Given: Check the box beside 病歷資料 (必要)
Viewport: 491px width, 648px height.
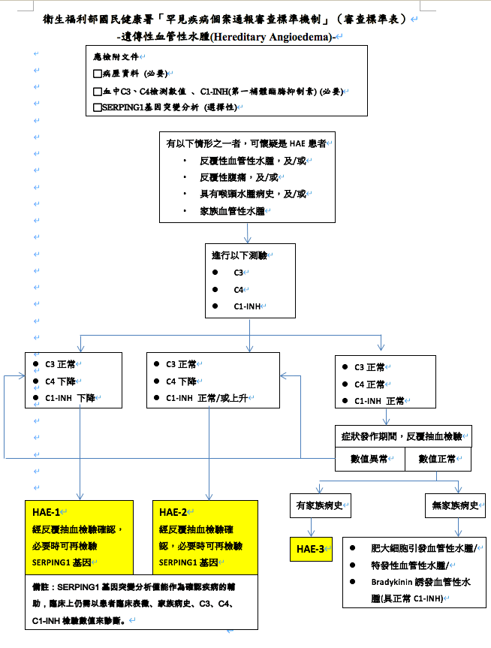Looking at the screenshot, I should [97, 74].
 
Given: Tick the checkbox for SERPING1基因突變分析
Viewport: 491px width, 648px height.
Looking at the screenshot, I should [97, 107].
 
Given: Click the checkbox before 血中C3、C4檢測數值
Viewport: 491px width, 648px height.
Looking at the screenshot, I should [97, 91].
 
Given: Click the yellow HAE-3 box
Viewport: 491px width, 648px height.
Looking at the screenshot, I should [311, 549].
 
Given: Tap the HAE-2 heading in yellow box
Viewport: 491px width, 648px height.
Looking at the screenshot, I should [174, 511].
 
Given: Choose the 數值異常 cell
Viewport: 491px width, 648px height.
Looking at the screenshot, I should [369, 457].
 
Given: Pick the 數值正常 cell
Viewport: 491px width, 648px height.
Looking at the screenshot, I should [438, 457].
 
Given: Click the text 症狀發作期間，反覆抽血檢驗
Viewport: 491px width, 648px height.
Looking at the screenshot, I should [402, 436].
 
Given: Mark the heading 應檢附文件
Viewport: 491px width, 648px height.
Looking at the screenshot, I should [114, 57].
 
